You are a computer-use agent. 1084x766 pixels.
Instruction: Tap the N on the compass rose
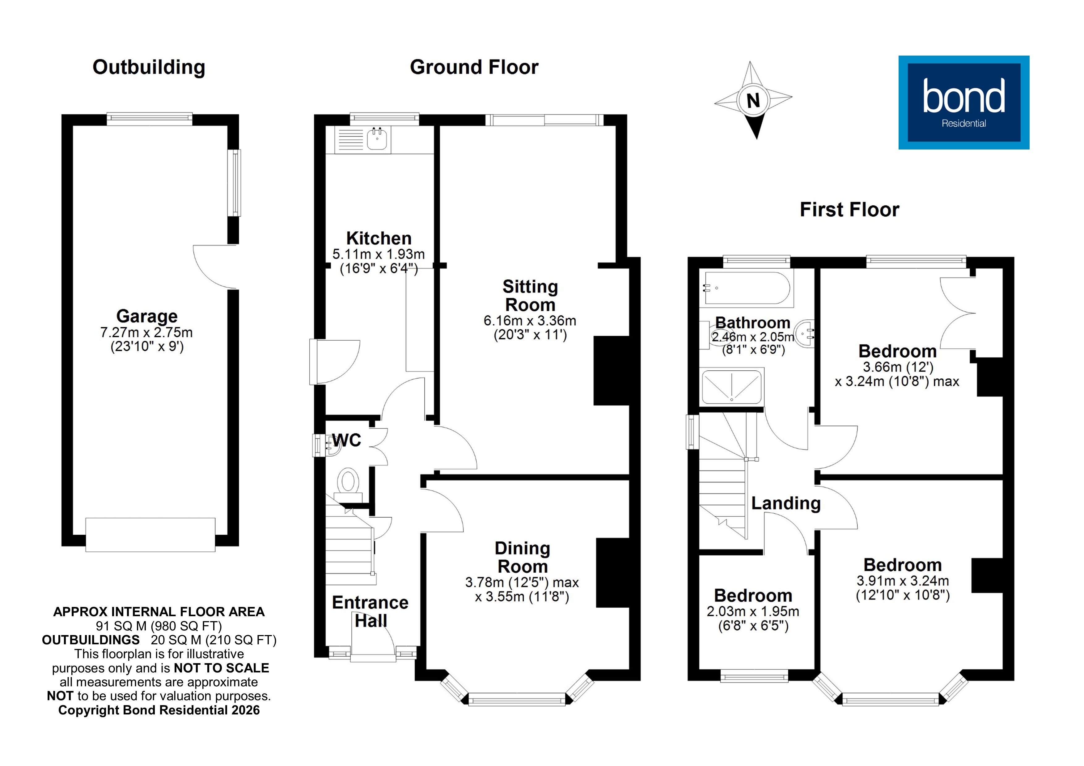(x=753, y=100)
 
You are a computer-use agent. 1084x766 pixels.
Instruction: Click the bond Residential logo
(x=963, y=103)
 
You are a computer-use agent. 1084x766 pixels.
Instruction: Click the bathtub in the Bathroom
(x=747, y=288)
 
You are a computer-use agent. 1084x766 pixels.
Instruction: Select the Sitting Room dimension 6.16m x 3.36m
(x=530, y=321)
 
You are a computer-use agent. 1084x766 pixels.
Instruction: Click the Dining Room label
(x=522, y=558)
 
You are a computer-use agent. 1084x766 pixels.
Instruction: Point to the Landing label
(x=785, y=503)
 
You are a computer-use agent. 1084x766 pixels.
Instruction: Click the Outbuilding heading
(x=149, y=67)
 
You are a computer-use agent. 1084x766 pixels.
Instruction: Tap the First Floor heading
(x=849, y=209)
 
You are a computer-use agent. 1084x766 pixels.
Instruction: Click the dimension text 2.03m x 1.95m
(x=752, y=612)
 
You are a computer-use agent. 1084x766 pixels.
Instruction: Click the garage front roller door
(x=150, y=535)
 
